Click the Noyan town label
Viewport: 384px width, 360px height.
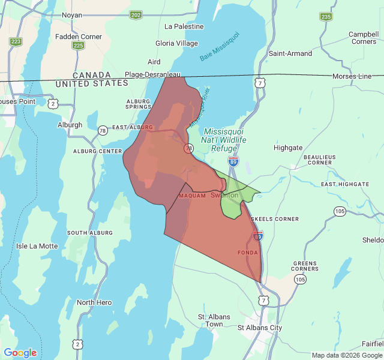[72, 14]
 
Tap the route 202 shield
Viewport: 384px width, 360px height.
[136, 14]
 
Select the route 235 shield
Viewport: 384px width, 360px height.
[326, 16]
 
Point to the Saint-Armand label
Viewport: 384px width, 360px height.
[290, 53]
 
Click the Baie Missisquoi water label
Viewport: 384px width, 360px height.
[220, 46]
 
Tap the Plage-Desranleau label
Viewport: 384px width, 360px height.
[152, 75]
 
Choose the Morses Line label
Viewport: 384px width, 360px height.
[352, 76]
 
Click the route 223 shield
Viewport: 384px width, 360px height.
[16, 41]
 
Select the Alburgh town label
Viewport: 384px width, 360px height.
[70, 125]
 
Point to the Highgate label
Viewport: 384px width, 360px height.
[288, 148]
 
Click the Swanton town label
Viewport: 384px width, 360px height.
[224, 195]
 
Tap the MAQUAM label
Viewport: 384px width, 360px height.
[192, 196]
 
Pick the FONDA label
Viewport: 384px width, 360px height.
[248, 253]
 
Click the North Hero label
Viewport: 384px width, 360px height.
[94, 302]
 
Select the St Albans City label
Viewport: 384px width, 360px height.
[260, 328]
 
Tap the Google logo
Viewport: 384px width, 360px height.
[20, 353]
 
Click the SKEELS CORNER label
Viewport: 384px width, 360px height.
[275, 219]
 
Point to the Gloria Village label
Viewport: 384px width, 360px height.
[176, 43]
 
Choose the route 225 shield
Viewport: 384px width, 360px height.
[78, 45]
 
